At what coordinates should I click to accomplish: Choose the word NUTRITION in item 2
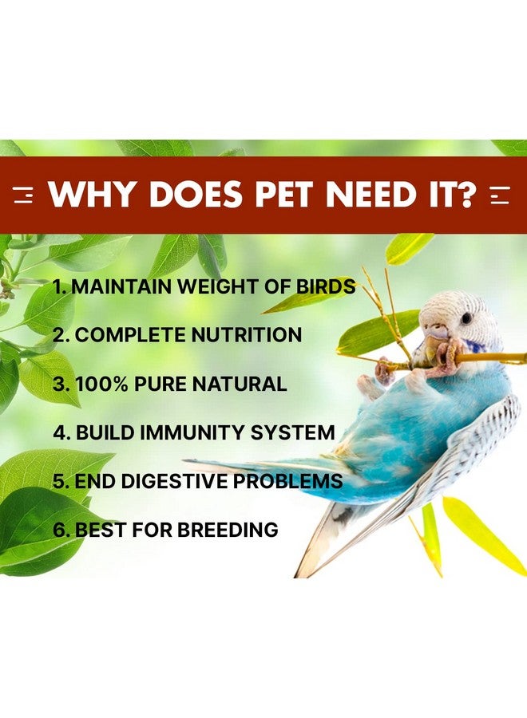point(246,335)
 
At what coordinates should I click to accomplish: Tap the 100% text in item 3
point(101,384)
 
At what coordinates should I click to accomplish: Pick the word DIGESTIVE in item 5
point(174,481)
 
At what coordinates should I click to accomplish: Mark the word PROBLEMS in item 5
point(287,481)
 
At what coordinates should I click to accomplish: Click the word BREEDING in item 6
point(228,530)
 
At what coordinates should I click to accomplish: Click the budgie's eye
point(466,318)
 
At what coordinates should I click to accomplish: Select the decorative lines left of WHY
point(24,195)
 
